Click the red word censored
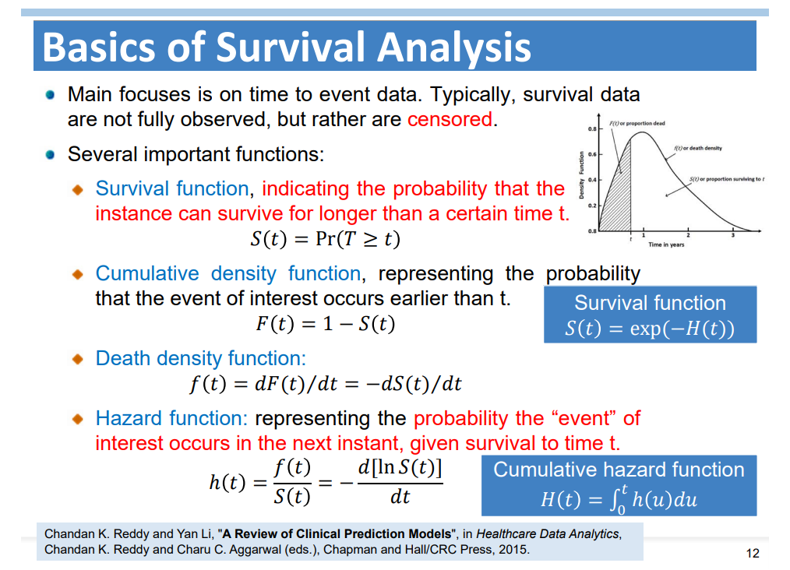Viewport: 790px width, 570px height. [450, 120]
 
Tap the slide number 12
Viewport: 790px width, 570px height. [752, 554]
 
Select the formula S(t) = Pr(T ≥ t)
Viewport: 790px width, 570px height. [326, 238]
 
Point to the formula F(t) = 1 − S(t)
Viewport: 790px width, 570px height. [325, 323]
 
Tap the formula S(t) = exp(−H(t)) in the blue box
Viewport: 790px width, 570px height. [650, 329]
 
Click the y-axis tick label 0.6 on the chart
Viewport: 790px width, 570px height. [592, 155]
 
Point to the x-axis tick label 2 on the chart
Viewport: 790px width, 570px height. [688, 236]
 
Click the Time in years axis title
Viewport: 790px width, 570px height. [666, 245]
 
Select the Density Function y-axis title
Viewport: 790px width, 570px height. [581, 174]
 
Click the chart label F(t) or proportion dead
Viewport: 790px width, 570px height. [637, 123]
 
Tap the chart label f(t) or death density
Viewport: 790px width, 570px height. [698, 148]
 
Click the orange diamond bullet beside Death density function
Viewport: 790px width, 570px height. [78, 359]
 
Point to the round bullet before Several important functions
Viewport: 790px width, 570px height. [50, 155]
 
